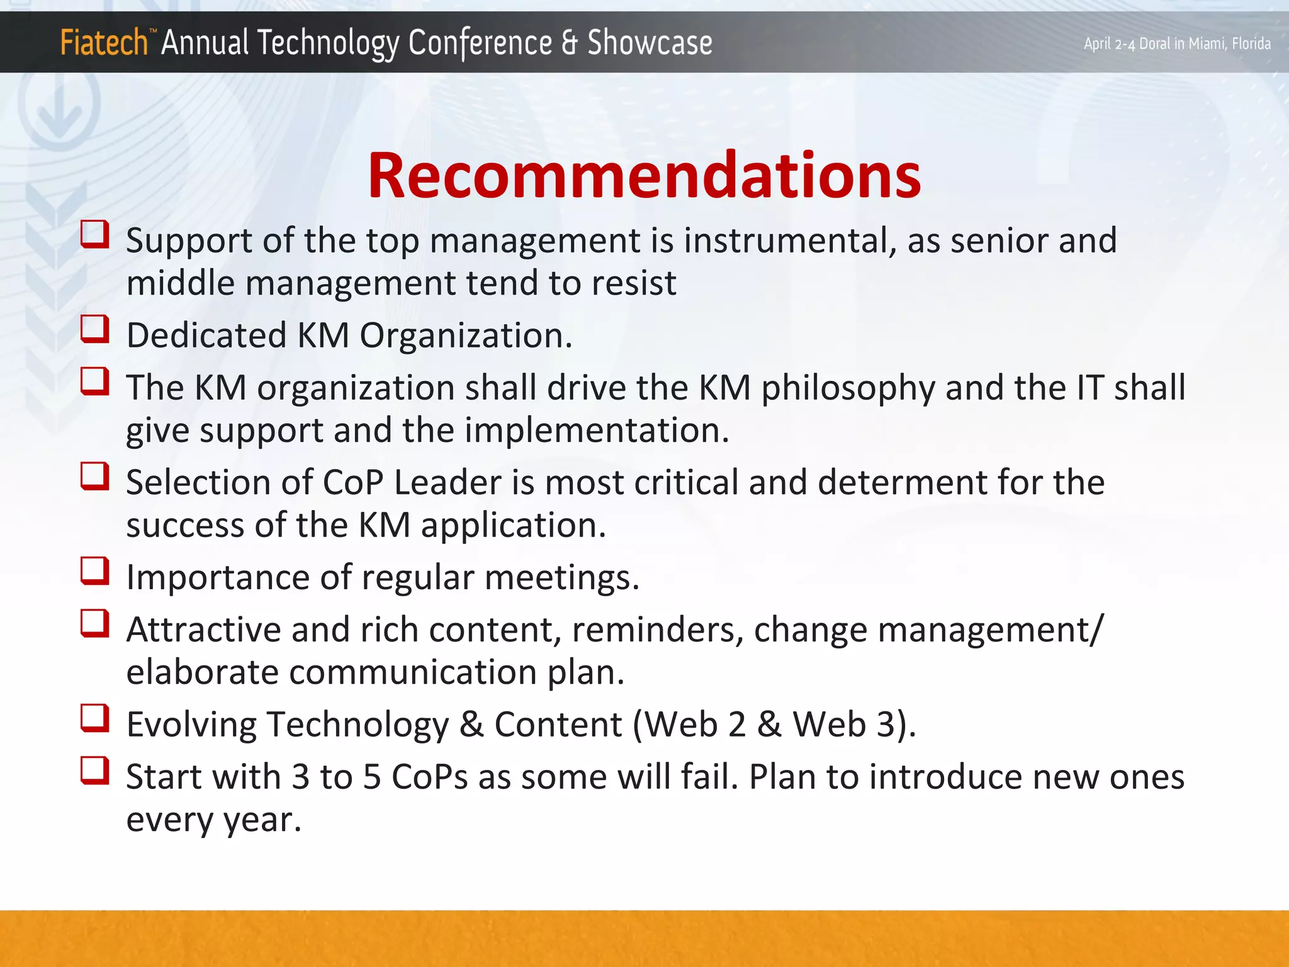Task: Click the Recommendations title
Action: (x=644, y=176)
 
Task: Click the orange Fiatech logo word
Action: (x=104, y=43)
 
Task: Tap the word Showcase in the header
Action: (x=650, y=43)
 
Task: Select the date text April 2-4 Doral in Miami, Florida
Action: (x=1176, y=43)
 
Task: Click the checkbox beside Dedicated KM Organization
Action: (x=95, y=329)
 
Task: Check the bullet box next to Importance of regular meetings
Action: (x=95, y=571)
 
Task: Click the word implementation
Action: (x=591, y=431)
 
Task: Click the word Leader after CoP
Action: (x=447, y=483)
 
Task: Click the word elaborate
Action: (x=201, y=672)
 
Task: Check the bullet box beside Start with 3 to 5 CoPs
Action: (x=95, y=771)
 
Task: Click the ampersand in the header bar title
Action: (x=569, y=43)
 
